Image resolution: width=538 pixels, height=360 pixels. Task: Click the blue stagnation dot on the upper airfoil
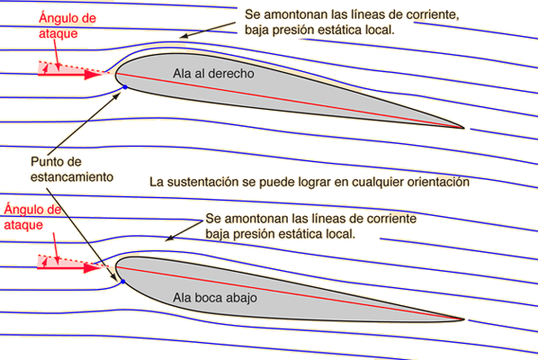click(125, 87)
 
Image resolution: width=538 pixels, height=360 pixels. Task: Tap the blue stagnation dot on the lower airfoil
click(123, 282)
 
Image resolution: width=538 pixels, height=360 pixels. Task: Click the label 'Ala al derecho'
click(213, 74)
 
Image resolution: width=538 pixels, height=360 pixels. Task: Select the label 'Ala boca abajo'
click(215, 298)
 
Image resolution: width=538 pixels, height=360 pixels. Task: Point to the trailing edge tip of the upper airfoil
click(464, 128)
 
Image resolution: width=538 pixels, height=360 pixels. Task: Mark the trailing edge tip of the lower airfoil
click(464, 319)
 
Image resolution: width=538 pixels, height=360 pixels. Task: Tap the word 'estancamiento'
click(72, 177)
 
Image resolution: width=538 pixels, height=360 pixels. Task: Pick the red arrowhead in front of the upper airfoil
click(93, 75)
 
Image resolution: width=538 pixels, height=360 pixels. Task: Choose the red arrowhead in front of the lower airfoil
click(92, 268)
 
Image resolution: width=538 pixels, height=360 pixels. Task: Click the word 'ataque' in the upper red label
click(58, 34)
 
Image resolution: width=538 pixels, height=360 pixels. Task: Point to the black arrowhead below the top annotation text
click(184, 35)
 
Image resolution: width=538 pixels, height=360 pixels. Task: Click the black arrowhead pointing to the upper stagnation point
click(117, 95)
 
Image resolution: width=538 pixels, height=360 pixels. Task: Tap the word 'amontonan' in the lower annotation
click(256, 219)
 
